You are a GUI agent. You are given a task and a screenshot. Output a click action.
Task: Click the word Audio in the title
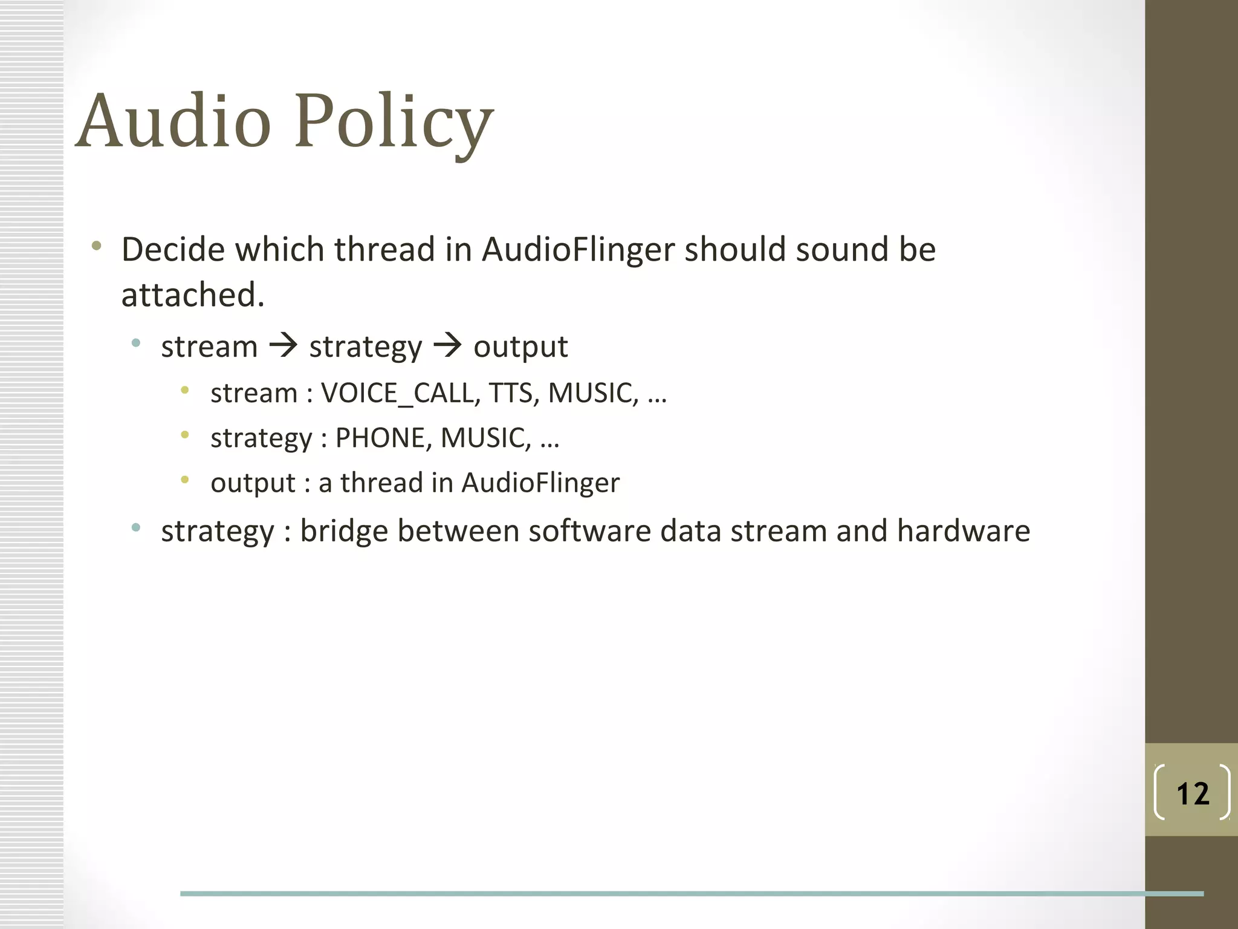pos(173,121)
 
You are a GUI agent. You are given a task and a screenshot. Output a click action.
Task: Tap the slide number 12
pos(1193,794)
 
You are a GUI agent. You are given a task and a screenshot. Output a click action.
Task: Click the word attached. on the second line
pos(193,295)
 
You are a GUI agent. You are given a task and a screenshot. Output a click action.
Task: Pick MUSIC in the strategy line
pos(485,438)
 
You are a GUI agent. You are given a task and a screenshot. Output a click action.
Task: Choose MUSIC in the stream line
pos(592,393)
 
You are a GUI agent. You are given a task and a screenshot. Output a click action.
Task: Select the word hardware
pos(963,531)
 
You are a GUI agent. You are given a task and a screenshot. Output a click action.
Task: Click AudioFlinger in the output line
pos(540,483)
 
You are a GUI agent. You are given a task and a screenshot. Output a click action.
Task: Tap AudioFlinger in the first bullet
pos(578,249)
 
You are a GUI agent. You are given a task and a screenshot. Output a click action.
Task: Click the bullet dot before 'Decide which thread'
pos(96,246)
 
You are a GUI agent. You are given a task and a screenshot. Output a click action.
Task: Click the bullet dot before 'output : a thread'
pos(185,480)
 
